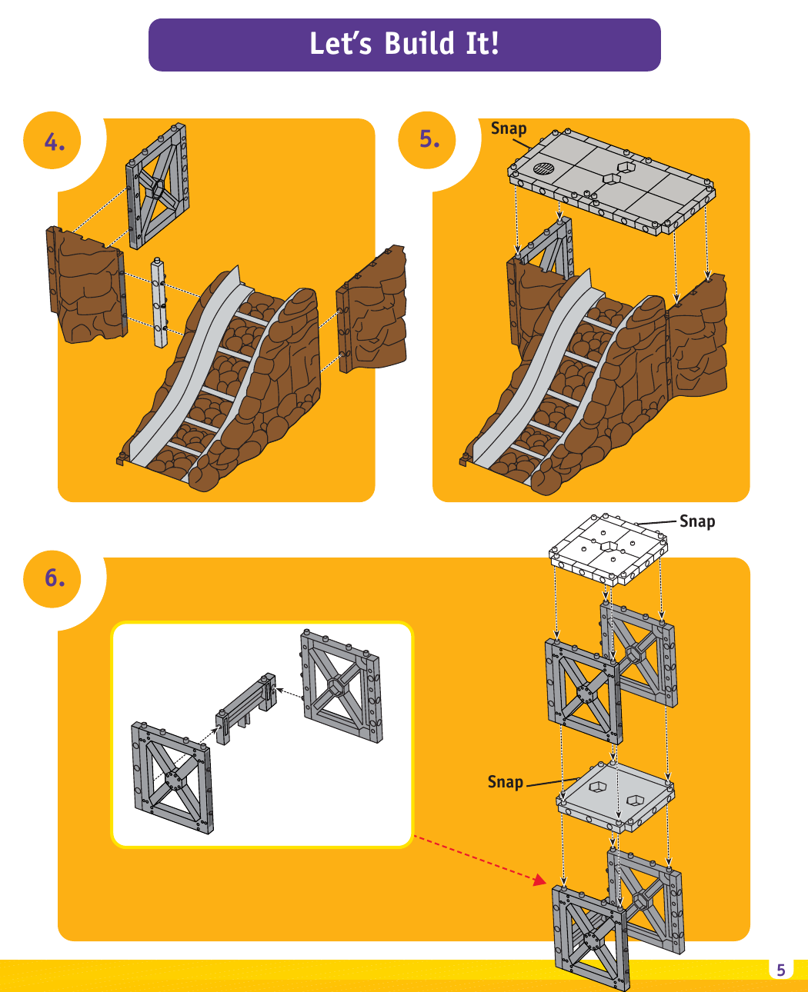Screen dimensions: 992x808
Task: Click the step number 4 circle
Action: click(53, 141)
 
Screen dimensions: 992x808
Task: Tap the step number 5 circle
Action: click(429, 139)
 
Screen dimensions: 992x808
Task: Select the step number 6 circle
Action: click(53, 578)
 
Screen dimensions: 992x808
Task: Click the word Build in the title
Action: click(419, 44)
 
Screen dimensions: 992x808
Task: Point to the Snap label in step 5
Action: click(509, 128)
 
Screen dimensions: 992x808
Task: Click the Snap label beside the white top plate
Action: click(697, 521)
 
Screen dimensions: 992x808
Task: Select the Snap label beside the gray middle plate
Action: click(505, 782)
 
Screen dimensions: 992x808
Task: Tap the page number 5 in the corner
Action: click(780, 970)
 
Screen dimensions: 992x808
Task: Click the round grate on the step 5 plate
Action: click(544, 168)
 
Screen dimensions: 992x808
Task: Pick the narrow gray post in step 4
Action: click(159, 303)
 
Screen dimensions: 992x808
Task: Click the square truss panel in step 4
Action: click(158, 186)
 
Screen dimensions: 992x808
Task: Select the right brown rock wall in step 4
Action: click(373, 311)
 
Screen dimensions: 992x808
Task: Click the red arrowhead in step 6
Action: click(539, 880)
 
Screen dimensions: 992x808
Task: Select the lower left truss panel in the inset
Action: click(172, 777)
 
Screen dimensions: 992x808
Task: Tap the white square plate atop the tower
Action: click(609, 548)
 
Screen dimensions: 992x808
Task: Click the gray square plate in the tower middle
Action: click(616, 797)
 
